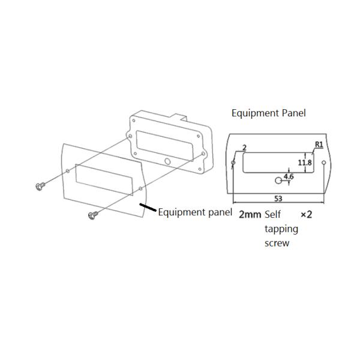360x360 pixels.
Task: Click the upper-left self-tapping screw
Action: tap(40, 187)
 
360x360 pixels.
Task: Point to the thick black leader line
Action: tap(148, 208)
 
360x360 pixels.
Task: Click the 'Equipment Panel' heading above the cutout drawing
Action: tap(268, 113)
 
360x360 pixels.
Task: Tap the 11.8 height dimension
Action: tap(305, 163)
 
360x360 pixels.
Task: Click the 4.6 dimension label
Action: tap(288, 176)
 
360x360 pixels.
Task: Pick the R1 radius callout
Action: tap(319, 145)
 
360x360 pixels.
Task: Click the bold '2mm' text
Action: tap(250, 214)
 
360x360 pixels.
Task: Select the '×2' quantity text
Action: tap(306, 214)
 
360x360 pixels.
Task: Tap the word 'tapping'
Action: tap(281, 229)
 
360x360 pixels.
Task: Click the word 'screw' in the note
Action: tap(277, 243)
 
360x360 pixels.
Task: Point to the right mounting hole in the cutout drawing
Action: tap(324, 163)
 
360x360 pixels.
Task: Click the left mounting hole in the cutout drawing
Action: tap(233, 163)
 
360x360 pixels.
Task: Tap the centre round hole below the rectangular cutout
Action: tap(278, 181)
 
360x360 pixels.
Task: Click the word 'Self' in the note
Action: tap(273, 214)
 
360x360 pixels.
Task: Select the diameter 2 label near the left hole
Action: tap(244, 147)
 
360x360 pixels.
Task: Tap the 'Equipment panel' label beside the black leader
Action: tap(194, 212)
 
